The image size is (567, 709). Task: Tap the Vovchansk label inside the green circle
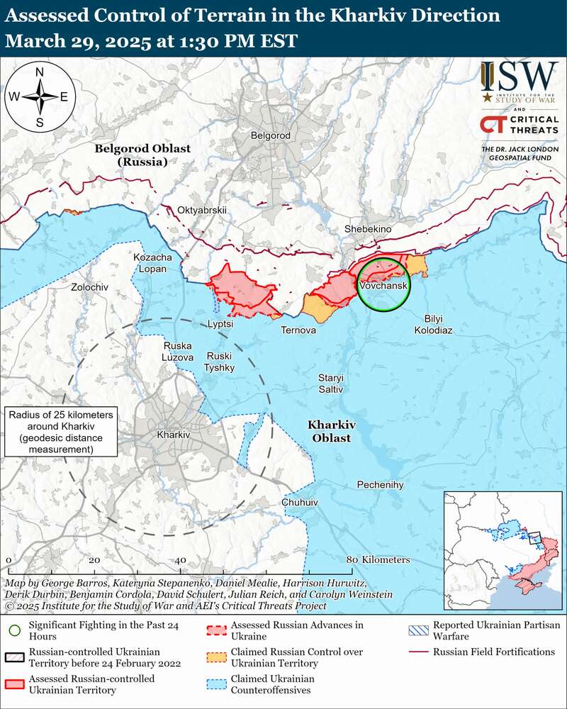tap(383, 285)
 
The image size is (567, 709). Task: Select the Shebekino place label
tap(367, 229)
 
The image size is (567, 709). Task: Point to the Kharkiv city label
tap(174, 435)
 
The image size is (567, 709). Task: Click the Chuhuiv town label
tap(300, 502)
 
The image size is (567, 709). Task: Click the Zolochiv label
tap(90, 287)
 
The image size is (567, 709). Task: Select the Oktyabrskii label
tap(202, 210)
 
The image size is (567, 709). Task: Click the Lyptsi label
tap(220, 323)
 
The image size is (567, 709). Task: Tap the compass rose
tap(40, 97)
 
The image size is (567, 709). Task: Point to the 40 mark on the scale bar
tap(180, 560)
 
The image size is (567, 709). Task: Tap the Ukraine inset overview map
tap(502, 549)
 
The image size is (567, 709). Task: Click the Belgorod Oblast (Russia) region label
tap(132, 155)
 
